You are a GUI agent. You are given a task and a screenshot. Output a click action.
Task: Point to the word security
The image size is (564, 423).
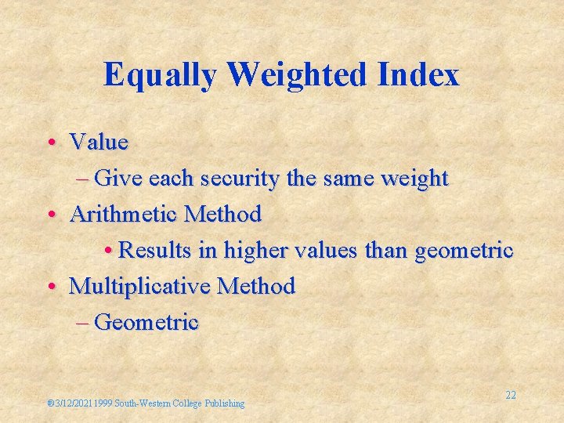pyautogui.click(x=239, y=179)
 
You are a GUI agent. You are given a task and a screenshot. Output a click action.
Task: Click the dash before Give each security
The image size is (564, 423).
pyautogui.click(x=84, y=179)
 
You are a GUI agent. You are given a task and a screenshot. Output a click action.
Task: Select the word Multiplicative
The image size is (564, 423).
pyautogui.click(x=140, y=286)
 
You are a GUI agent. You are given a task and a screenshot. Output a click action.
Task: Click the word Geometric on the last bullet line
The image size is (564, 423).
pyautogui.click(x=146, y=322)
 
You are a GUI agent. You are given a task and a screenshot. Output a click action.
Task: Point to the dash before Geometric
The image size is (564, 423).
pyautogui.click(x=84, y=322)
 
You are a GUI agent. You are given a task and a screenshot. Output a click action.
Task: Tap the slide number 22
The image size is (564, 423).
pyautogui.click(x=510, y=395)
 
